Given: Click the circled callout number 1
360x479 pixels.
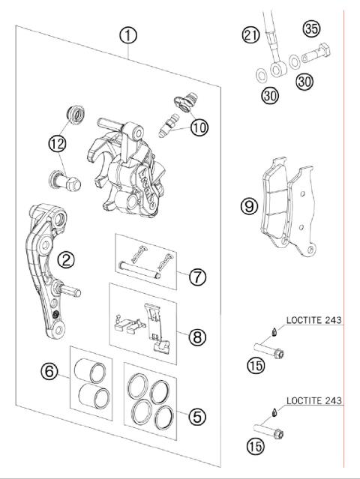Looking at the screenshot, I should [129, 34].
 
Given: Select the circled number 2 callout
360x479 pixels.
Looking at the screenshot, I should [67, 259].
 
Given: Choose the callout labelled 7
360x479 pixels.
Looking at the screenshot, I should [196, 277].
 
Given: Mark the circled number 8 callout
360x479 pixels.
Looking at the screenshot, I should [196, 337].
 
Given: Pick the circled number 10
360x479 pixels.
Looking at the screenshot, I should [198, 127].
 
